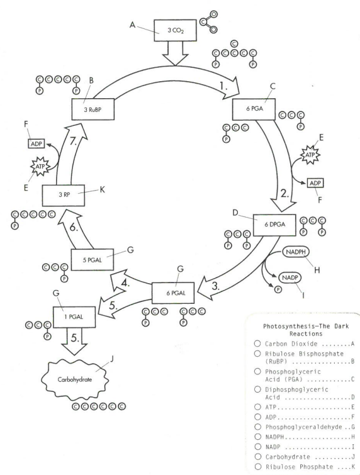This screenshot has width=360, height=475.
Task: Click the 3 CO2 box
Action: click(x=175, y=30)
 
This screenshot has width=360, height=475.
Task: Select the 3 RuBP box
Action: click(x=93, y=109)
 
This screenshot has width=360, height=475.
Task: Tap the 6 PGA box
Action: click(x=254, y=109)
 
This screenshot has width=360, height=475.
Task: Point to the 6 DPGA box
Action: click(x=274, y=225)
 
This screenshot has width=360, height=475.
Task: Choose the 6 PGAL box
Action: click(x=173, y=293)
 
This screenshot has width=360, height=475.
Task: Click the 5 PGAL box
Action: click(x=92, y=260)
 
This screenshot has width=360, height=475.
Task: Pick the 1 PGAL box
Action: click(x=74, y=317)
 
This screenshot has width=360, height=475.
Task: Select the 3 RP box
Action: click(x=64, y=196)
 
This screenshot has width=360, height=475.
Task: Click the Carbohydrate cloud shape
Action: click(x=74, y=379)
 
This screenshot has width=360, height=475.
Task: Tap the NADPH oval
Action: click(x=296, y=252)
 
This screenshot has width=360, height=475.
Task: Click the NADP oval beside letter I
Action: click(x=290, y=277)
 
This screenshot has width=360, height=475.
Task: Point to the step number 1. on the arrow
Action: click(x=223, y=86)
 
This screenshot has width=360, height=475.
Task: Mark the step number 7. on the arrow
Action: click(x=74, y=141)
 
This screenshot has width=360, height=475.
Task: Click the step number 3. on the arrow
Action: click(x=215, y=286)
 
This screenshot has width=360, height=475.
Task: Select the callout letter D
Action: click(x=235, y=213)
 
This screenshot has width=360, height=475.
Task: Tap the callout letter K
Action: click(x=102, y=189)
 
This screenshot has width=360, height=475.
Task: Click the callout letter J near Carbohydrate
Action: click(x=111, y=359)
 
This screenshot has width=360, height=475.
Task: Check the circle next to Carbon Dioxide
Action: click(x=257, y=344)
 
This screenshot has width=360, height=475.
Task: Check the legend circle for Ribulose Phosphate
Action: click(x=258, y=466)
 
